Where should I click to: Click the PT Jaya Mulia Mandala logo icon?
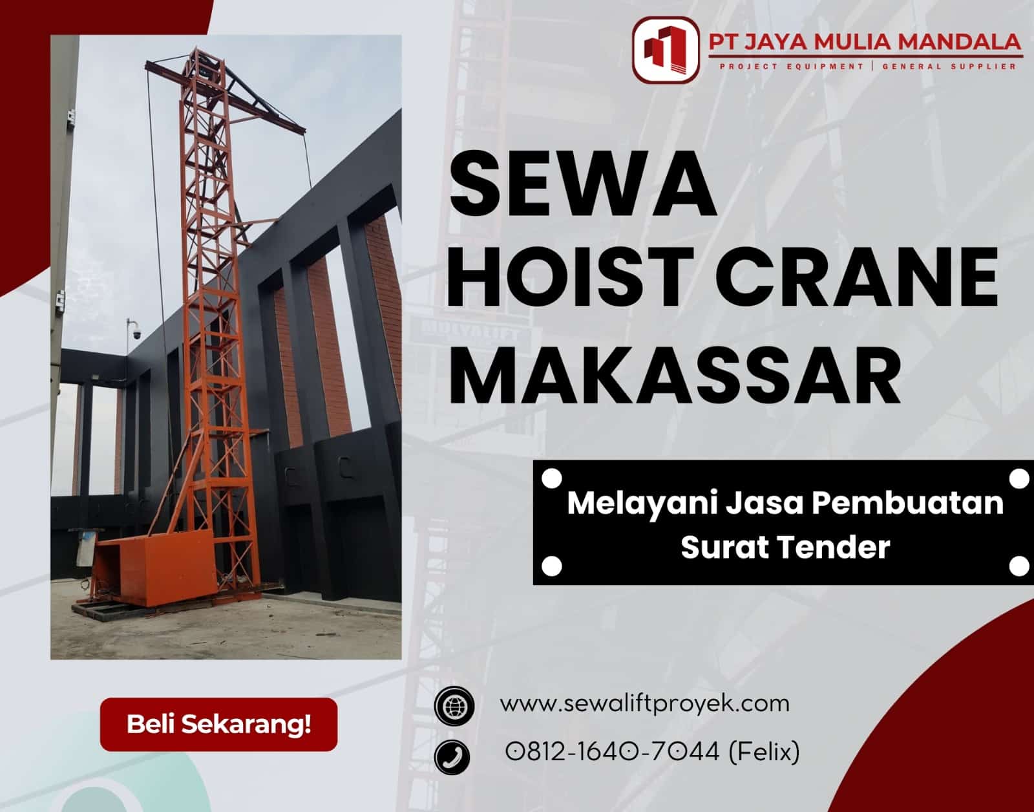pos(666,49)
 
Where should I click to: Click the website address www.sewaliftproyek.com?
pos(644,703)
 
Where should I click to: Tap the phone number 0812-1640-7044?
pos(612,752)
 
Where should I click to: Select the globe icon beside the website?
pos(454,705)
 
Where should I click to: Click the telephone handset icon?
pos(452,756)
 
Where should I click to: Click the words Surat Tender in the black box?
pos(785,547)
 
